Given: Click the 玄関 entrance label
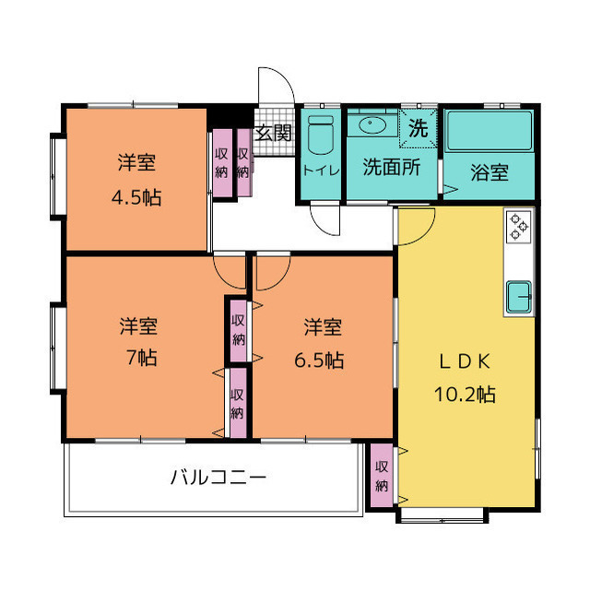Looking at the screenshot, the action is [x=274, y=133].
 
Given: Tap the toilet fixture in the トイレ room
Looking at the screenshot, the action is [x=320, y=135].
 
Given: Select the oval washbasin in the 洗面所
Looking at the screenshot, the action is [x=372, y=124].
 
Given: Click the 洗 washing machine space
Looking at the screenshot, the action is [x=418, y=128].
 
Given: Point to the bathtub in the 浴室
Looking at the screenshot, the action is [x=490, y=131].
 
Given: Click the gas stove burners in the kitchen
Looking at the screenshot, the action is [x=519, y=226].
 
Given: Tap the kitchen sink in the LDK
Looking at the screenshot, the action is [x=519, y=297].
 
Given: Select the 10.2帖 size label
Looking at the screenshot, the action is [x=465, y=394].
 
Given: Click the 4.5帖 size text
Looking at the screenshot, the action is [x=136, y=197].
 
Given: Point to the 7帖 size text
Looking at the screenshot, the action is [x=141, y=357].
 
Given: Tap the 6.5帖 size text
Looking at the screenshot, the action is [x=319, y=360].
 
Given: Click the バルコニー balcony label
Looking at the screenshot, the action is [x=218, y=478].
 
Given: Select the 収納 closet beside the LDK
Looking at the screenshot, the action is [x=382, y=476].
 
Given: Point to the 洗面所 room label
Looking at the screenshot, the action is [x=391, y=167].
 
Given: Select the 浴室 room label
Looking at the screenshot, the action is [x=490, y=172].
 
